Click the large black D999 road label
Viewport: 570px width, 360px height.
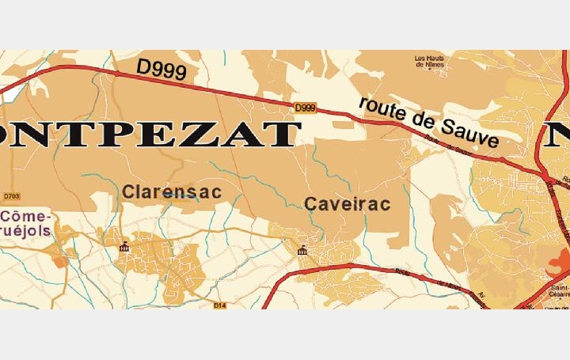[161, 69]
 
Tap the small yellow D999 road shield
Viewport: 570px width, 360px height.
[305, 108]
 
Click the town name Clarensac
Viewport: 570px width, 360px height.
[171, 192]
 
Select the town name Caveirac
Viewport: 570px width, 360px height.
[348, 204]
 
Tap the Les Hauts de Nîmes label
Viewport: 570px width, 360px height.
[431, 62]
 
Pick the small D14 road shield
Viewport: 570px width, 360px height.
[220, 304]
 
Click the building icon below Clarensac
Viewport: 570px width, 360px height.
[123, 248]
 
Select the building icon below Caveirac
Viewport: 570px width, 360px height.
[302, 252]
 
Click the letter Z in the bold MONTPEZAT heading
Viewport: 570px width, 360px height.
[217, 135]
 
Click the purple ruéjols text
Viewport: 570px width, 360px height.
[26, 232]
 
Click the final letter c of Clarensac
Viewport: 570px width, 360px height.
[215, 192]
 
